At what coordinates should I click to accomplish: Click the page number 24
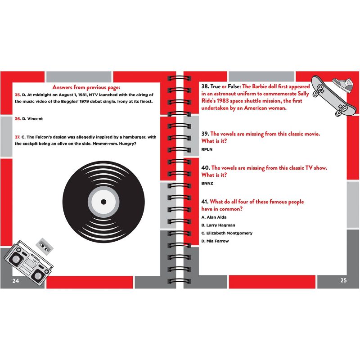(x=16, y=281)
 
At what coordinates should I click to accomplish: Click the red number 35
(x=18, y=95)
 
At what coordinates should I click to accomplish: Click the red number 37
(x=18, y=137)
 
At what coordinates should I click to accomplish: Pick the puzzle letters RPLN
(x=207, y=149)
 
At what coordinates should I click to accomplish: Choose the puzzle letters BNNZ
(x=207, y=183)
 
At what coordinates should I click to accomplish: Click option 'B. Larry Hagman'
(x=218, y=225)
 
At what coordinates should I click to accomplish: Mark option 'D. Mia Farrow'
(x=215, y=241)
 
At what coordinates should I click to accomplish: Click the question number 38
(x=205, y=86)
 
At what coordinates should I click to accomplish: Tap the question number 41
(x=205, y=202)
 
